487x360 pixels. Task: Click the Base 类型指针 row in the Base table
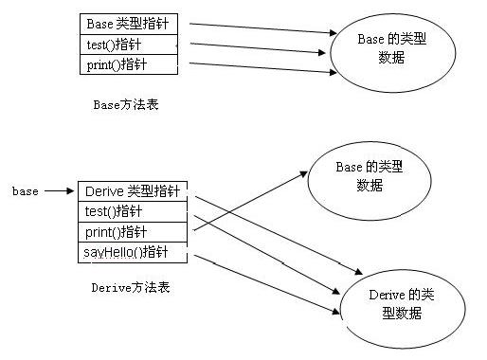point(129,22)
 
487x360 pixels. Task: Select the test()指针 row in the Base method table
point(129,44)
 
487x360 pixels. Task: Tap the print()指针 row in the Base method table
point(129,64)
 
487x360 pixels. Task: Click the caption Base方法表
point(125,104)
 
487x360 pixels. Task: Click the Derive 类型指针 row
point(135,191)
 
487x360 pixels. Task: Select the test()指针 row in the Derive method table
point(135,212)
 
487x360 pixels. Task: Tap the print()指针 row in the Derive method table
point(135,233)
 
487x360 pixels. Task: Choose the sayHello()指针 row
point(135,254)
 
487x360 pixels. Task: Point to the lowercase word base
point(26,191)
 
